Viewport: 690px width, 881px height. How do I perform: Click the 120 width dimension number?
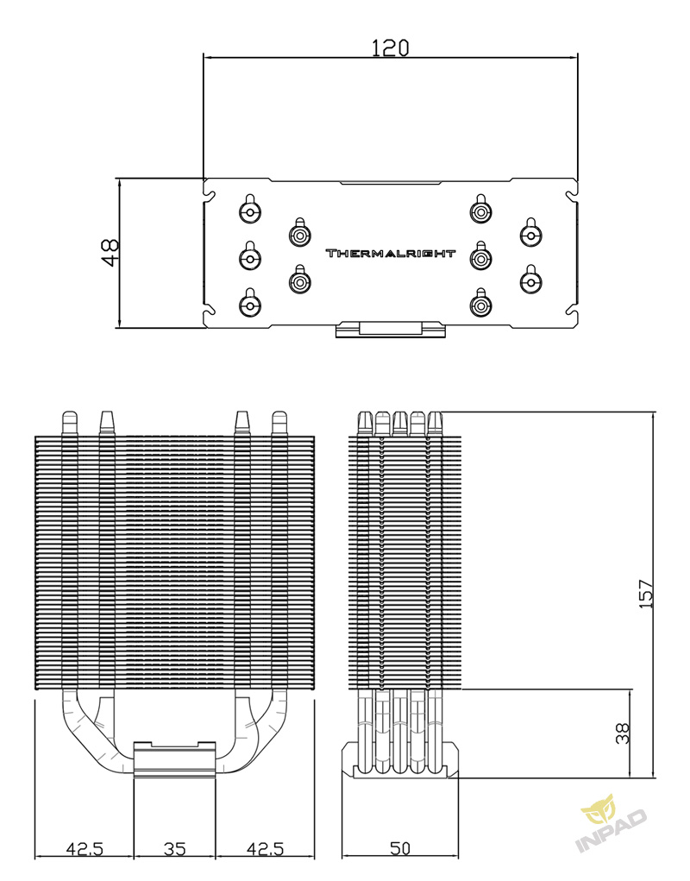tap(390, 47)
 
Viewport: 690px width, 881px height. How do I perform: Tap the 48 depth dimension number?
tap(110, 253)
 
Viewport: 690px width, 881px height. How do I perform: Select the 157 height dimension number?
tap(646, 594)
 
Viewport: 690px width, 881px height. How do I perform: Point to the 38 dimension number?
tap(622, 733)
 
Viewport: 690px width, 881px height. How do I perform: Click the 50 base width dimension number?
tap(399, 848)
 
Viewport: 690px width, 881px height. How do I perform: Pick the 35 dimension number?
tap(174, 848)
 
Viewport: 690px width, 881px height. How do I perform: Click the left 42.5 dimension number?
tap(85, 848)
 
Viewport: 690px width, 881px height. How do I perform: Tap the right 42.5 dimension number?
tap(265, 848)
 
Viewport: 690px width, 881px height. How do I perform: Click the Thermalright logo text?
tap(391, 254)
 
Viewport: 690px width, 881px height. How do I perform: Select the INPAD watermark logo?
tap(611, 822)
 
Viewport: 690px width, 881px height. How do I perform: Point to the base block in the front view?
tap(174, 759)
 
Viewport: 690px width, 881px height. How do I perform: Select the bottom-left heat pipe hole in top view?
tap(250, 303)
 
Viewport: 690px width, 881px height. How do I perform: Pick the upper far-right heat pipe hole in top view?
tap(530, 233)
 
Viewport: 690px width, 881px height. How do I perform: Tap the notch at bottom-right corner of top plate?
tap(571, 310)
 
